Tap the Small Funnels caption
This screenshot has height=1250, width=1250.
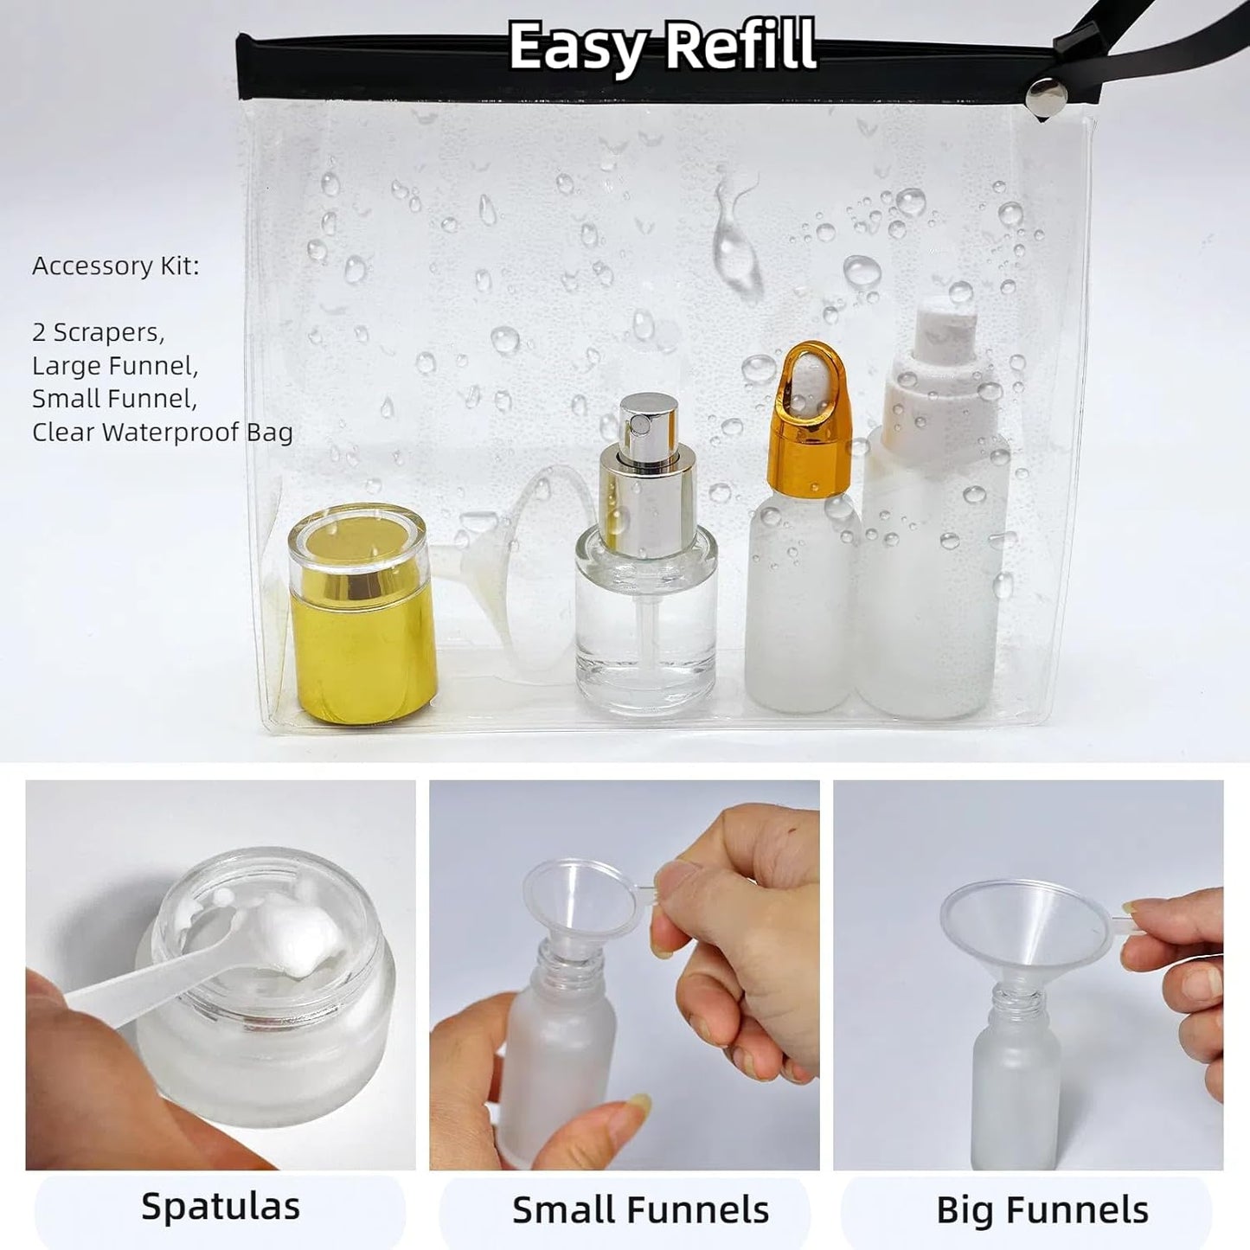tap(640, 1209)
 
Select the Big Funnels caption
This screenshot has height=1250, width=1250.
tap(1042, 1209)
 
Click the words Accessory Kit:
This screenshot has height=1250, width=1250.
tap(115, 266)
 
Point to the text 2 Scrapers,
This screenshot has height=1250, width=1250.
tap(98, 332)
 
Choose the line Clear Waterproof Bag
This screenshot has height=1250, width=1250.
tap(162, 432)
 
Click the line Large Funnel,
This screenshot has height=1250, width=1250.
tap(115, 366)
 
